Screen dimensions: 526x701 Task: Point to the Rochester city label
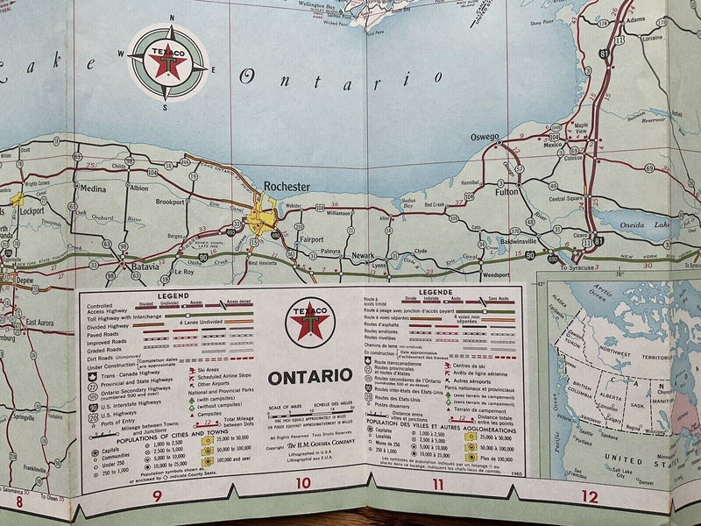287,187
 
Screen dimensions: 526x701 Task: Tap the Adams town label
635,18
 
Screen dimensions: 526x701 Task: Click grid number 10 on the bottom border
302,508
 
